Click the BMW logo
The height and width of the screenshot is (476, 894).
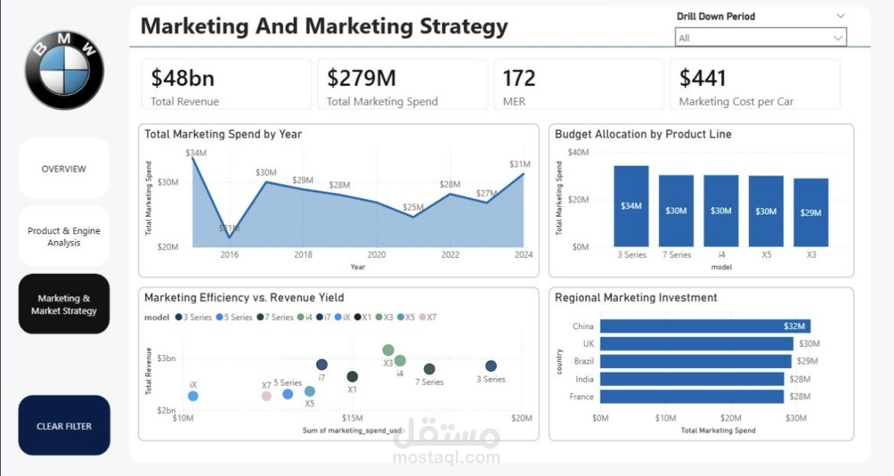64,70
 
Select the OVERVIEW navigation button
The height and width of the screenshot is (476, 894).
64,169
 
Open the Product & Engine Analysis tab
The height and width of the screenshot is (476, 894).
64,236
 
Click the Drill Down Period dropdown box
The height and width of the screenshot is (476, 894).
760,37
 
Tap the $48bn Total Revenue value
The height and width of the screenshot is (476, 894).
183,78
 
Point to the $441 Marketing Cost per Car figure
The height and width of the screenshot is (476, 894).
703,78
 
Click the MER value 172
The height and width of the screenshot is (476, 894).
519,78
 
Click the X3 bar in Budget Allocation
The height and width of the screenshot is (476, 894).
811,213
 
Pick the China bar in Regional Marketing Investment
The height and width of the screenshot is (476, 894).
704,326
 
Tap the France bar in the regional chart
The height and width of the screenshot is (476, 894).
691,396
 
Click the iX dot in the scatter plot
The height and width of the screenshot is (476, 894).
193,396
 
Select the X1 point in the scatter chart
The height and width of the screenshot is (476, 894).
353,377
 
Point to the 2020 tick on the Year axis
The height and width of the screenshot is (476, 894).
376,255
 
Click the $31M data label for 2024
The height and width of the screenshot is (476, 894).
520,165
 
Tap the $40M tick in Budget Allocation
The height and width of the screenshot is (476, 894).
578,152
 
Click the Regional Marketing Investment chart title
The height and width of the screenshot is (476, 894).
636,298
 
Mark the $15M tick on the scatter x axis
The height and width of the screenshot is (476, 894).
353,418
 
